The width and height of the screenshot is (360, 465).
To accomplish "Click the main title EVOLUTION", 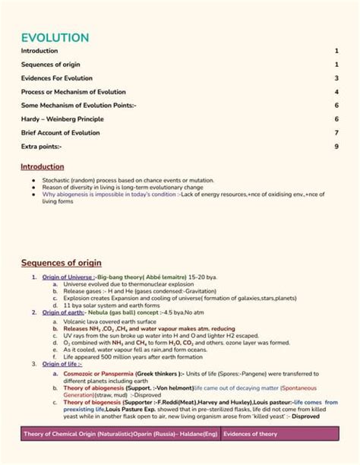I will (x=55, y=37).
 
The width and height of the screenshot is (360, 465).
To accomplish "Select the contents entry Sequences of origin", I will (x=50, y=64).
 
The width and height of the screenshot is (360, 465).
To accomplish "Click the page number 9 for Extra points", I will (x=336, y=146).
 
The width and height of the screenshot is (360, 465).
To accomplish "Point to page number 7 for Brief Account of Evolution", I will (x=336, y=132).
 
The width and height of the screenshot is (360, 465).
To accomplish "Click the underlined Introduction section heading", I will (x=43, y=166).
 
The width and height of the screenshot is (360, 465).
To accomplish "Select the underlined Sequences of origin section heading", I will (x=60, y=263).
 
